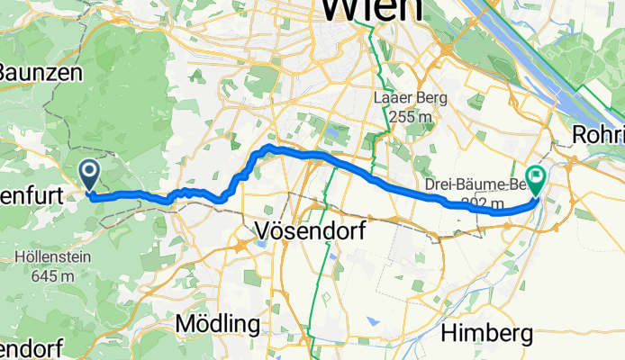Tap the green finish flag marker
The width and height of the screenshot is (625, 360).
536,181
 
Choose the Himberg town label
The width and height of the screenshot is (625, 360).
486,334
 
